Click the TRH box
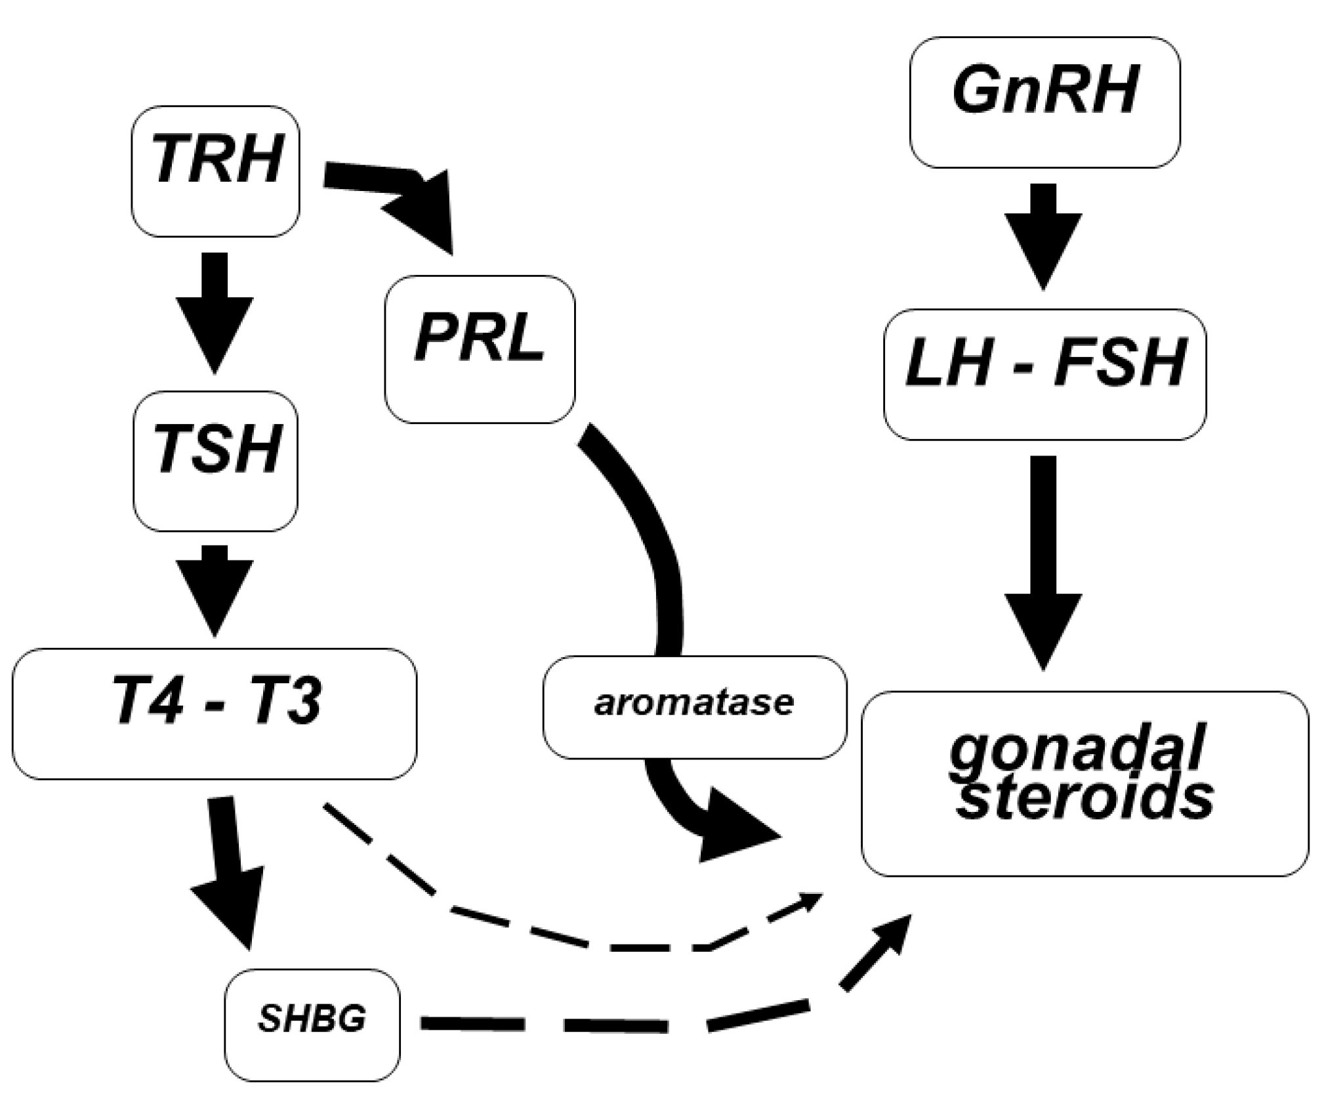(x=215, y=171)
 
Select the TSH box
(x=215, y=461)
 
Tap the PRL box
(x=480, y=349)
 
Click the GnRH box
(x=1044, y=102)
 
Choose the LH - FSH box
(x=1044, y=374)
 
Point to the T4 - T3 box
(x=214, y=713)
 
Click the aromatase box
(x=694, y=707)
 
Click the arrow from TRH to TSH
(x=215, y=312)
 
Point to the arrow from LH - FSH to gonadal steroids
(x=1043, y=558)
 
